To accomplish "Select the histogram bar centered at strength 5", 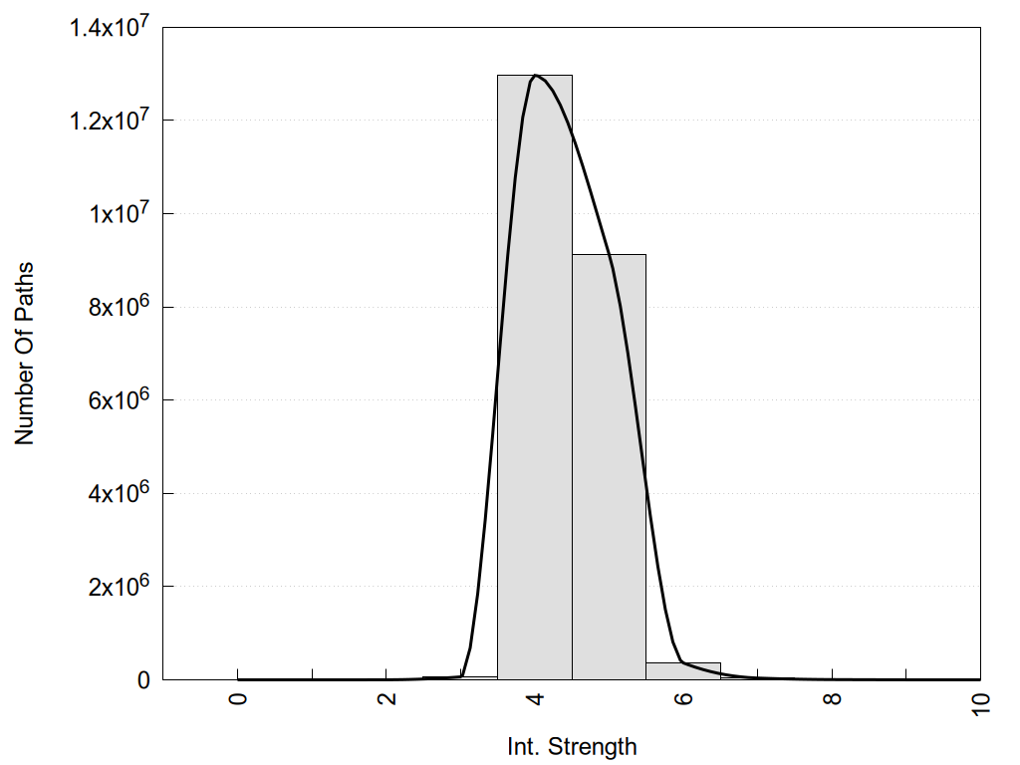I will click(x=609, y=468).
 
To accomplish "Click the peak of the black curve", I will click(x=536, y=76).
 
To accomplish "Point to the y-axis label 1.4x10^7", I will click(x=109, y=28).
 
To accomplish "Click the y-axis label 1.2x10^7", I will click(x=109, y=121).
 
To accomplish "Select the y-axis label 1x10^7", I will click(x=117, y=214).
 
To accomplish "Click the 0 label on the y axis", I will click(x=143, y=680).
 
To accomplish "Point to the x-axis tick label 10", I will click(x=981, y=703).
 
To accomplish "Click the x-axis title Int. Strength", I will click(x=572, y=746).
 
